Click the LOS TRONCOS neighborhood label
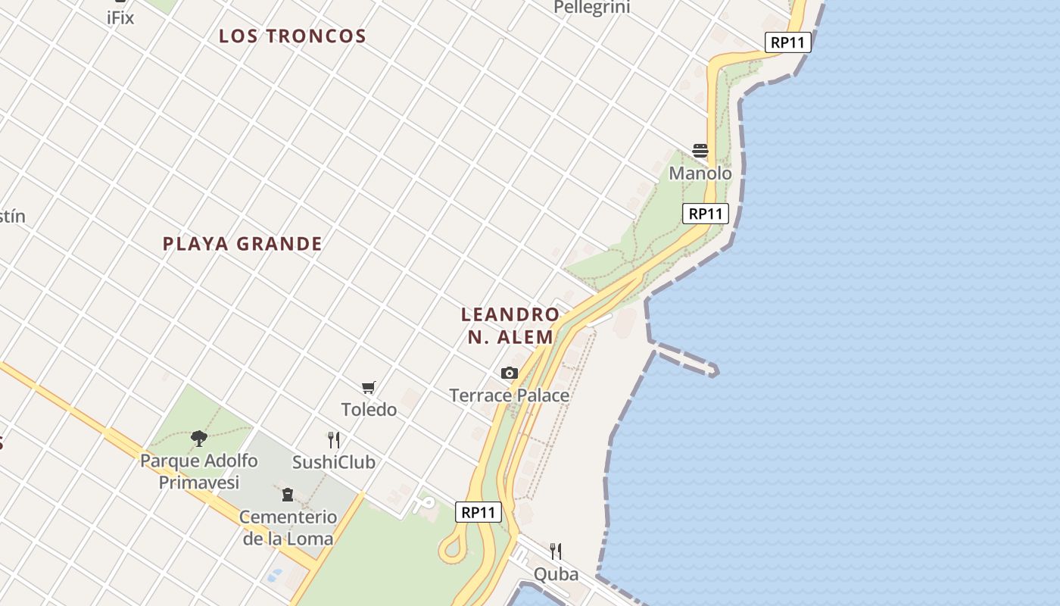tap(292, 36)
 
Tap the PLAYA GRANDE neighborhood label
tap(242, 243)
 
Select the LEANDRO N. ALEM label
tap(510, 326)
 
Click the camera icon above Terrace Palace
tap(510, 373)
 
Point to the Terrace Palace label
tap(510, 395)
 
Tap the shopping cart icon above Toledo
tap(369, 388)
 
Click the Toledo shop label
tap(369, 410)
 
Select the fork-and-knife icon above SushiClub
tap(334, 439)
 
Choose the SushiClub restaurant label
tap(334, 462)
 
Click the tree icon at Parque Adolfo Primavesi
tap(199, 438)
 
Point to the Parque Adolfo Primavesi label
tap(199, 471)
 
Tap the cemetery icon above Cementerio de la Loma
tap(288, 495)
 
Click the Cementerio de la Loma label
tap(288, 528)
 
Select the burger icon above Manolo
tap(700, 151)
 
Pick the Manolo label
tap(700, 173)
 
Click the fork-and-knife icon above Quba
tap(556, 551)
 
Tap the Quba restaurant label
tap(556, 574)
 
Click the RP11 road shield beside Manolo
tap(706, 214)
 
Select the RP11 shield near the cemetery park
tap(479, 512)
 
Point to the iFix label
tap(120, 17)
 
